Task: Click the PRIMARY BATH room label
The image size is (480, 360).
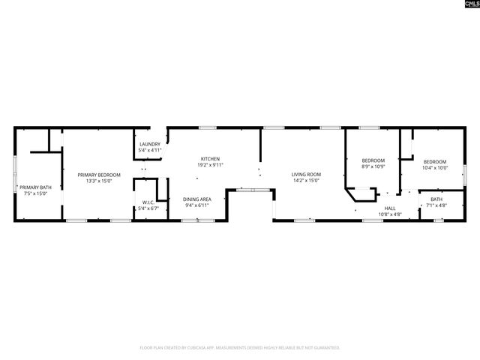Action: pyautogui.click(x=35, y=187)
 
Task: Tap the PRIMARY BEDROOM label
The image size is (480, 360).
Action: pyautogui.click(x=99, y=175)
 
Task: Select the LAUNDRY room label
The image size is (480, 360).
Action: pyautogui.click(x=149, y=144)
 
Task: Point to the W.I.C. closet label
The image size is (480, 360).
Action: pyautogui.click(x=148, y=202)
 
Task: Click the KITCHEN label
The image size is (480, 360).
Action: pyautogui.click(x=210, y=158)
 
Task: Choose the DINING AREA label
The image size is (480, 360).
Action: pyautogui.click(x=196, y=199)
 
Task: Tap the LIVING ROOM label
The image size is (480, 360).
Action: pyautogui.click(x=306, y=175)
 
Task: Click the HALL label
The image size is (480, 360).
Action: pyautogui.click(x=390, y=208)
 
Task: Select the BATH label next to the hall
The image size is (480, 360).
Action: pyautogui.click(x=436, y=199)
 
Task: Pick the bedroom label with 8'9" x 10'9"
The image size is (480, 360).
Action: pyautogui.click(x=373, y=160)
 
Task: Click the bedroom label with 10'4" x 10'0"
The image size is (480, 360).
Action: pyautogui.click(x=435, y=162)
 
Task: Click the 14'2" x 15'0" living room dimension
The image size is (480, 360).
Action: pyautogui.click(x=306, y=181)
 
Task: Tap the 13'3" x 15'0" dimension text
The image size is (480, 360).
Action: pyautogui.click(x=99, y=181)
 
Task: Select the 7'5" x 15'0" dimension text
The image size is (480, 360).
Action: pyautogui.click(x=35, y=193)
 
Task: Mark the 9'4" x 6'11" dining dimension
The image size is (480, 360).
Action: pyautogui.click(x=196, y=205)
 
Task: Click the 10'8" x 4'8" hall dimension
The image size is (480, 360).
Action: pyautogui.click(x=390, y=214)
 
